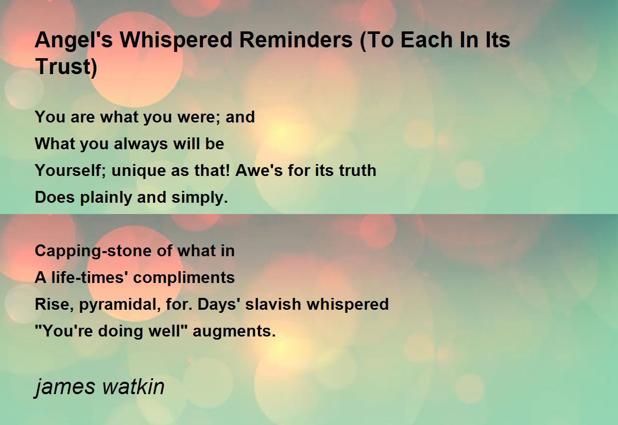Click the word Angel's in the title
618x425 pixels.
[74, 41]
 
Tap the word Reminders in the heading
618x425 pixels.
[296, 40]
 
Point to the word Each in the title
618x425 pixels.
[426, 40]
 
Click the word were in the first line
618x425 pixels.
[198, 117]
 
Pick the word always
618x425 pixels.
[141, 145]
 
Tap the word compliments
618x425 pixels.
[184, 278]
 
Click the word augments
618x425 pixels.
[234, 331]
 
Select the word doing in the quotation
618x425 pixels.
[121, 331]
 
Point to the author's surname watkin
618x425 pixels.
[133, 386]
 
